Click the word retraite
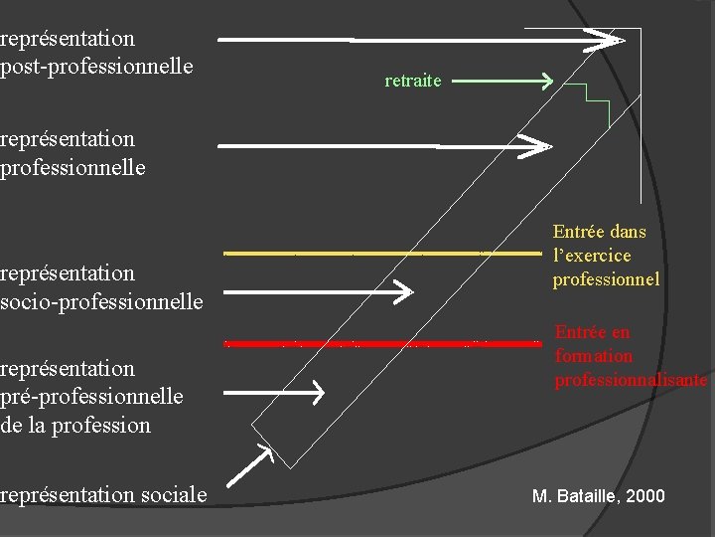(412, 81)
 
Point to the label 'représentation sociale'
(103, 494)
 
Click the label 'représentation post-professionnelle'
(96, 53)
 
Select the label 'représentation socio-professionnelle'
(101, 286)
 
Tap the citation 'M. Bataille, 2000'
(598, 495)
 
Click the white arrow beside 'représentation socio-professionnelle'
(318, 292)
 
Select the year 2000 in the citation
(645, 495)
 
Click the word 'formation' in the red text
(594, 356)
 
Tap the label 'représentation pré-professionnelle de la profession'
(91, 397)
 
